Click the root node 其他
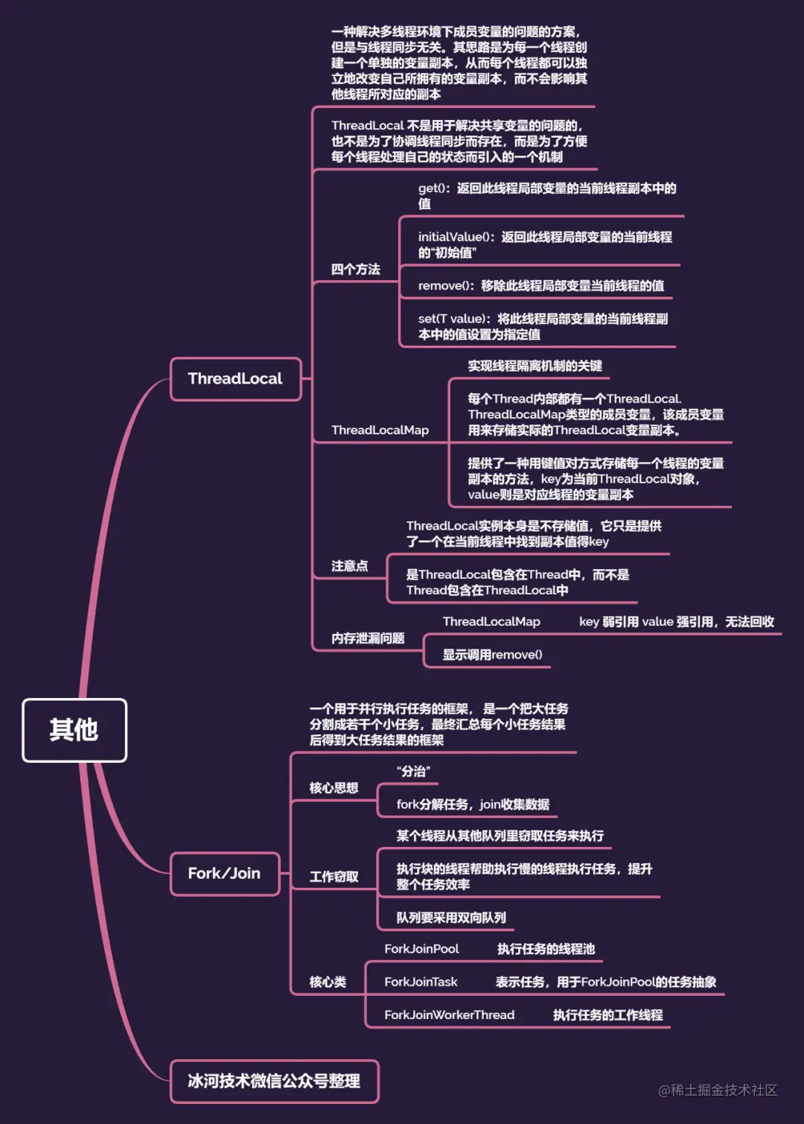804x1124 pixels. tap(74, 730)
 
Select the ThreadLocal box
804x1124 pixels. tap(235, 379)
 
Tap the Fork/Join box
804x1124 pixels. tap(224, 874)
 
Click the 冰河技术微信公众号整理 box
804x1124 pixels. tap(274, 1081)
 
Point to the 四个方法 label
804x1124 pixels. tap(355, 270)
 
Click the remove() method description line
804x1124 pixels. tap(540, 286)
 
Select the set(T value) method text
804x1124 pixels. tap(543, 327)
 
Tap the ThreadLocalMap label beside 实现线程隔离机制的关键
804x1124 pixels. tap(380, 431)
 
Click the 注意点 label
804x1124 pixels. tap(349, 566)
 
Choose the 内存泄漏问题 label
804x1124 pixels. tap(368, 638)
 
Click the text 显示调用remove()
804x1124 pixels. tap(492, 655)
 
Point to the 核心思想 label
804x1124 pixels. tap(334, 788)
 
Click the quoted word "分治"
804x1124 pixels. tap(413, 772)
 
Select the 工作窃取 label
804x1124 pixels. tap(334, 877)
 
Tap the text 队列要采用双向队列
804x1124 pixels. tap(450, 918)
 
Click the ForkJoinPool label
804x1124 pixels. tap(421, 949)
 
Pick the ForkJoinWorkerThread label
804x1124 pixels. tap(449, 1015)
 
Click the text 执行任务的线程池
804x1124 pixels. tap(546, 949)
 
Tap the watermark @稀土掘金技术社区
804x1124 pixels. tap(718, 1090)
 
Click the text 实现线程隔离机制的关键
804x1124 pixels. tap(535, 366)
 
